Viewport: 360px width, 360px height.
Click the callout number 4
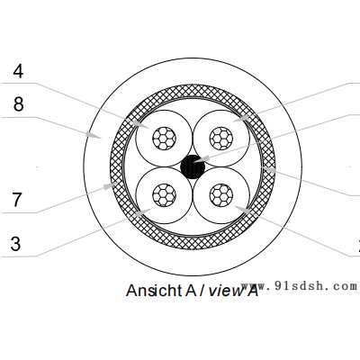[x=18, y=72]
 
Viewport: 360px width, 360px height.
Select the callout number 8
[x=18, y=104]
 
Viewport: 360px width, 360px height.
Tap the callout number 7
[x=17, y=200]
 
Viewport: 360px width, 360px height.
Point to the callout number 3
[x=16, y=243]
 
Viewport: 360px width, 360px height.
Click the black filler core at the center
[x=193, y=166]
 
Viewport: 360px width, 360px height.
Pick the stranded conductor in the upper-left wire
[x=164, y=139]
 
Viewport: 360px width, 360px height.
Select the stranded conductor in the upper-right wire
[x=221, y=139]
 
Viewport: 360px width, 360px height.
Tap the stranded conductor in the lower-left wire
[x=164, y=195]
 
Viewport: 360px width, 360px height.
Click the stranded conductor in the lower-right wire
[x=221, y=195]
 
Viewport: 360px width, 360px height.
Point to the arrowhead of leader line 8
[x=94, y=135]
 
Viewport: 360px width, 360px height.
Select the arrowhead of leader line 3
[x=142, y=212]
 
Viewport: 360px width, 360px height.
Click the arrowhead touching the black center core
[x=201, y=159]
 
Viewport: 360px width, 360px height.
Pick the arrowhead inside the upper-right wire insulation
[x=240, y=118]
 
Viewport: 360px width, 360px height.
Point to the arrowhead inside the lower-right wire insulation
[x=242, y=210]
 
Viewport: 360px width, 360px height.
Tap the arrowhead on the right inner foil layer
[x=268, y=170]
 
